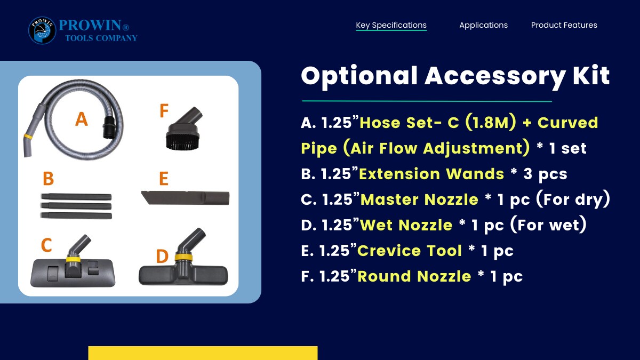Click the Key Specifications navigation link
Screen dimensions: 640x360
pos(391,25)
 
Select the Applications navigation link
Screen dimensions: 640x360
pos(483,25)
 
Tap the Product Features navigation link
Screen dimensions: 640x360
pos(564,25)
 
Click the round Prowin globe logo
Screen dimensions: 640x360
pos(42,30)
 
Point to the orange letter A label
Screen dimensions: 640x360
pos(82,119)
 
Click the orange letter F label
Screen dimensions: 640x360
pos(164,110)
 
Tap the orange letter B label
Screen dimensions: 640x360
pos(49,179)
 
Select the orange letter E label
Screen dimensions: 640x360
pos(163,179)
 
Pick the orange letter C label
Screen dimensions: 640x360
pos(46,245)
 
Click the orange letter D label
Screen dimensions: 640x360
pos(162,256)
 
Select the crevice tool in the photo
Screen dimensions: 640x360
pos(185,198)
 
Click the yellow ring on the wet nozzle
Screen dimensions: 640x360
pos(183,257)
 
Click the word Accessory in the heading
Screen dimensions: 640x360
pos(495,77)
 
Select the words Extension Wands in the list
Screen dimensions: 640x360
pos(431,174)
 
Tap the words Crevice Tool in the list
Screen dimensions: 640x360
pos(410,251)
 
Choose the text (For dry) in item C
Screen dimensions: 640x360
pos(573,199)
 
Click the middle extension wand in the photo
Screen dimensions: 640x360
pos(76,206)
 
